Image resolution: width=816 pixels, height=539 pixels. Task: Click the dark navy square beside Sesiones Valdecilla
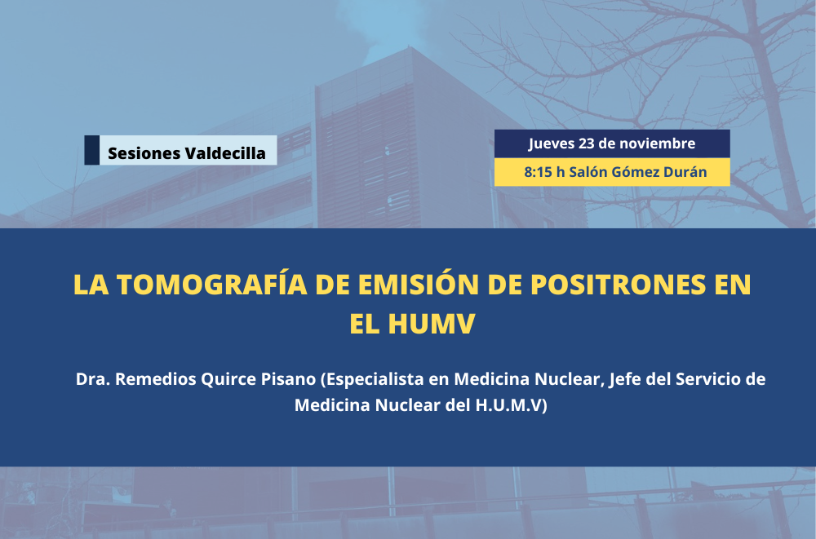click(91, 150)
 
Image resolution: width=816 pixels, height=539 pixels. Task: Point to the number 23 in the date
click(587, 143)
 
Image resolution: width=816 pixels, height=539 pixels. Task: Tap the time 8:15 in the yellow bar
click(538, 172)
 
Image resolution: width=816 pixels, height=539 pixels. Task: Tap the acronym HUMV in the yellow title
click(432, 323)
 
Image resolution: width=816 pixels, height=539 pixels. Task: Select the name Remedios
click(156, 378)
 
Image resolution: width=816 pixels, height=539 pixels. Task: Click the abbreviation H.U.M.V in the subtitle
click(508, 405)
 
